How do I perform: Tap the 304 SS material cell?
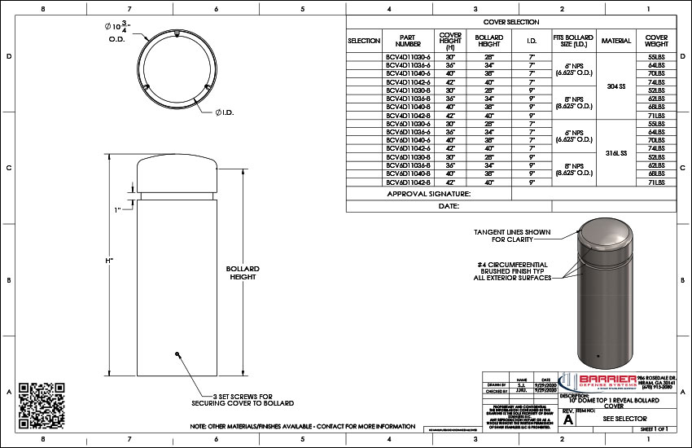tap(616, 86)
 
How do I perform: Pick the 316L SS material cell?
tap(616, 152)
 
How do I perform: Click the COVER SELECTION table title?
tap(510, 23)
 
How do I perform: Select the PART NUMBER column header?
tap(408, 40)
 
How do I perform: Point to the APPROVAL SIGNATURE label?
tap(429, 194)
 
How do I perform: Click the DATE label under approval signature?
tap(449, 207)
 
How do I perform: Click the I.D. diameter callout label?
tap(225, 112)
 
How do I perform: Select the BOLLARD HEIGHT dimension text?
tap(243, 273)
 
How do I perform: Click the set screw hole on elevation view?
tap(177, 354)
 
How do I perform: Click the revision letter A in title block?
tap(569, 419)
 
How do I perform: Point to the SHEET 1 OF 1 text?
tap(654, 428)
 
